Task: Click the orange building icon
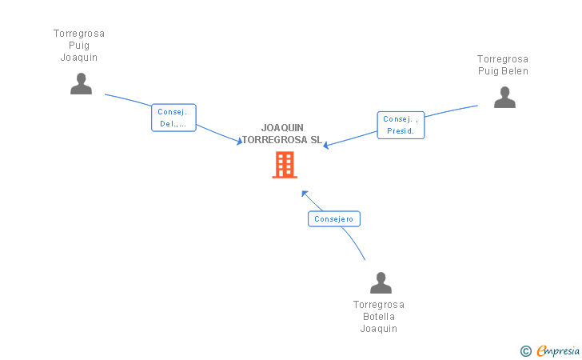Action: point(285,165)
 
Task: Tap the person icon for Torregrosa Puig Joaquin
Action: point(81,84)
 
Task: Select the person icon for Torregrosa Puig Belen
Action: point(504,98)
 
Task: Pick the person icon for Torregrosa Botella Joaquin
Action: point(381,283)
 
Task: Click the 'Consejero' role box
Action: point(334,218)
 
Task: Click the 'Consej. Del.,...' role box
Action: point(173,118)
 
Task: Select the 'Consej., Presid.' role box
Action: point(401,125)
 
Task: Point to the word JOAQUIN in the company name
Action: point(282,128)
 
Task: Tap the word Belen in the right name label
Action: point(515,71)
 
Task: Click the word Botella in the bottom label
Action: point(379,316)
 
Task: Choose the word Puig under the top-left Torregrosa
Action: point(79,46)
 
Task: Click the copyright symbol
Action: point(525,350)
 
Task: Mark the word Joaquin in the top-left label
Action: point(79,58)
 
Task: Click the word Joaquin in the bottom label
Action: point(379,328)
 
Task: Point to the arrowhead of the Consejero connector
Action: point(304,193)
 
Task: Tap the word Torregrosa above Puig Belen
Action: point(503,59)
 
